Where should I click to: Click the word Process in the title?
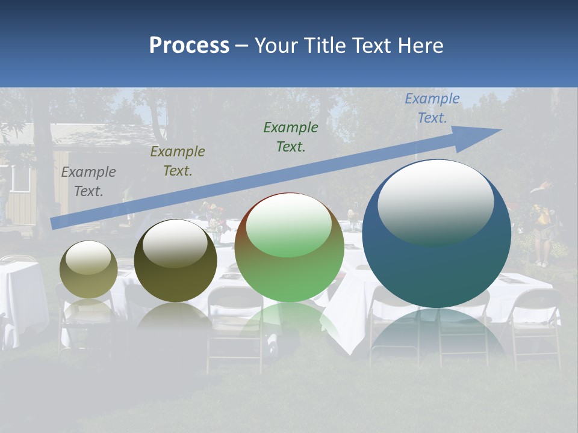(189, 46)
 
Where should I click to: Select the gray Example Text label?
(89, 182)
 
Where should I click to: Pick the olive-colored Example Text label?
(178, 161)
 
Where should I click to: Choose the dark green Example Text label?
(291, 137)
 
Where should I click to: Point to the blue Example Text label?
(432, 108)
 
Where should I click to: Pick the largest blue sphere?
(437, 265)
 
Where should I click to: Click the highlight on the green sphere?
(289, 224)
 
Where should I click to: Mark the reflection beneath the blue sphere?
(437, 337)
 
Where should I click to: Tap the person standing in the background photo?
(543, 223)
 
